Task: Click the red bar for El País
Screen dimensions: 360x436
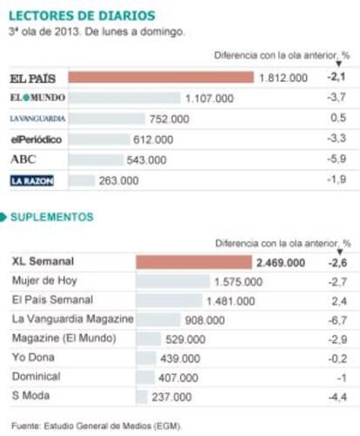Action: pyautogui.click(x=161, y=77)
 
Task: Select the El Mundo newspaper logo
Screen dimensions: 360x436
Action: pyautogui.click(x=37, y=97)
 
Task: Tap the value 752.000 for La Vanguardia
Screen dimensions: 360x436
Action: pyautogui.click(x=170, y=119)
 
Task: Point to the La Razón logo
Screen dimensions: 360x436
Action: pyautogui.click(x=32, y=181)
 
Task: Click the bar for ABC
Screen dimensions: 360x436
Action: pyautogui.click(x=96, y=160)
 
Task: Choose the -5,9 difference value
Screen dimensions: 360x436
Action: pyautogui.click(x=337, y=158)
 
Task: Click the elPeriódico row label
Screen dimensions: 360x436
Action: pyautogui.click(x=37, y=139)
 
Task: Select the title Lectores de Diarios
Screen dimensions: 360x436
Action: pyautogui.click(x=82, y=16)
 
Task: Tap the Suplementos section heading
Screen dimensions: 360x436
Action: pyautogui.click(x=52, y=217)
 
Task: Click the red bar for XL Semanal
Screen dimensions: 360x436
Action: pyautogui.click(x=194, y=262)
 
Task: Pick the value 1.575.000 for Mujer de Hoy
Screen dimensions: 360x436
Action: pyautogui.click(x=238, y=282)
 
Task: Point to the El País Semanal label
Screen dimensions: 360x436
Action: pyautogui.click(x=52, y=299)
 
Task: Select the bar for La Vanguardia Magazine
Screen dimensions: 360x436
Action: pyautogui.click(x=158, y=319)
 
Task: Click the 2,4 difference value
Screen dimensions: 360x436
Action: pyautogui.click(x=339, y=301)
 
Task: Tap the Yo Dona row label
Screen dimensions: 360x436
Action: pyautogui.click(x=33, y=357)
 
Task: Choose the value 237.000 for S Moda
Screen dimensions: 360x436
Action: pyautogui.click(x=171, y=397)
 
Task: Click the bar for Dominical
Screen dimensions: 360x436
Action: pyautogui.click(x=145, y=378)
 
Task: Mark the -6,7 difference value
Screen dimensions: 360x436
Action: pyautogui.click(x=337, y=320)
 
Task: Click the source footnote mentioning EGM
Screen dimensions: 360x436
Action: pyautogui.click(x=97, y=426)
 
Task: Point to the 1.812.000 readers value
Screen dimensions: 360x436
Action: pyautogui.click(x=283, y=77)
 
